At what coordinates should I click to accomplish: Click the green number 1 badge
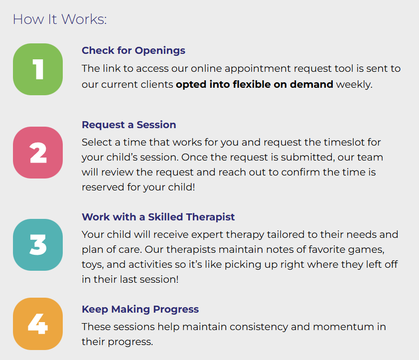[x=38, y=69]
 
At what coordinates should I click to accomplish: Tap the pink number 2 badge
[x=38, y=153]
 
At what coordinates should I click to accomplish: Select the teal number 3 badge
[x=38, y=245]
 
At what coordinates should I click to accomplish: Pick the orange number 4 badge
[x=38, y=324]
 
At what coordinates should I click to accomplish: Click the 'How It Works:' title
[x=60, y=19]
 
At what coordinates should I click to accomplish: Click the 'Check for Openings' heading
[x=134, y=50]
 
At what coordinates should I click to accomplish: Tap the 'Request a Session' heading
[x=129, y=125]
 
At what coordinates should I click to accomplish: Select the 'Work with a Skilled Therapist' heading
[x=158, y=217]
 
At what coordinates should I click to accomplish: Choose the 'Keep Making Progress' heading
[x=140, y=309]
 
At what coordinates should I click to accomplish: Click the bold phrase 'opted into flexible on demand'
[x=255, y=85]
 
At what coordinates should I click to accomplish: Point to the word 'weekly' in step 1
[x=353, y=85]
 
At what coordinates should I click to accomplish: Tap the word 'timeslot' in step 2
[x=344, y=142]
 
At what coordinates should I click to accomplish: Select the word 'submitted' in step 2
[x=306, y=157]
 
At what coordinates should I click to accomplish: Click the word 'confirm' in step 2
[x=300, y=172]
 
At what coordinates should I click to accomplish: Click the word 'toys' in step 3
[x=92, y=265]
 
